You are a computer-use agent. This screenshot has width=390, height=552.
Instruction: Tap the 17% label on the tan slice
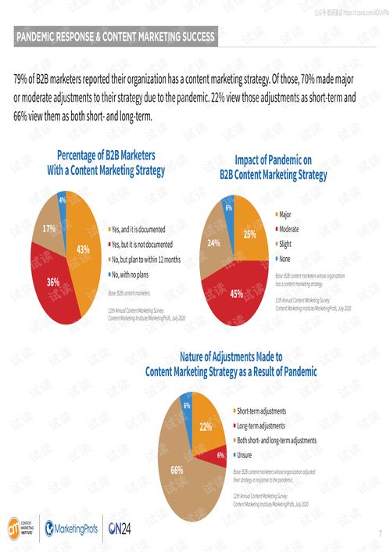tap(48, 229)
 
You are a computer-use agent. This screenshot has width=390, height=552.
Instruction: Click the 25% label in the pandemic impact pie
tap(249, 234)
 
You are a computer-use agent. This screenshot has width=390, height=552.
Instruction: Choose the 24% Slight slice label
tap(213, 243)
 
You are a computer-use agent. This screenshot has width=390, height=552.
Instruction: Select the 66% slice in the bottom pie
tap(177, 470)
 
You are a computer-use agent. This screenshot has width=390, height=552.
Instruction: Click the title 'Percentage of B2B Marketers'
tap(106, 155)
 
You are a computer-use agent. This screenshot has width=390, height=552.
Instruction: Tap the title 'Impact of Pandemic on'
tap(273, 160)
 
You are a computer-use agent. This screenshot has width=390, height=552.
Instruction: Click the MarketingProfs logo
tap(72, 528)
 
